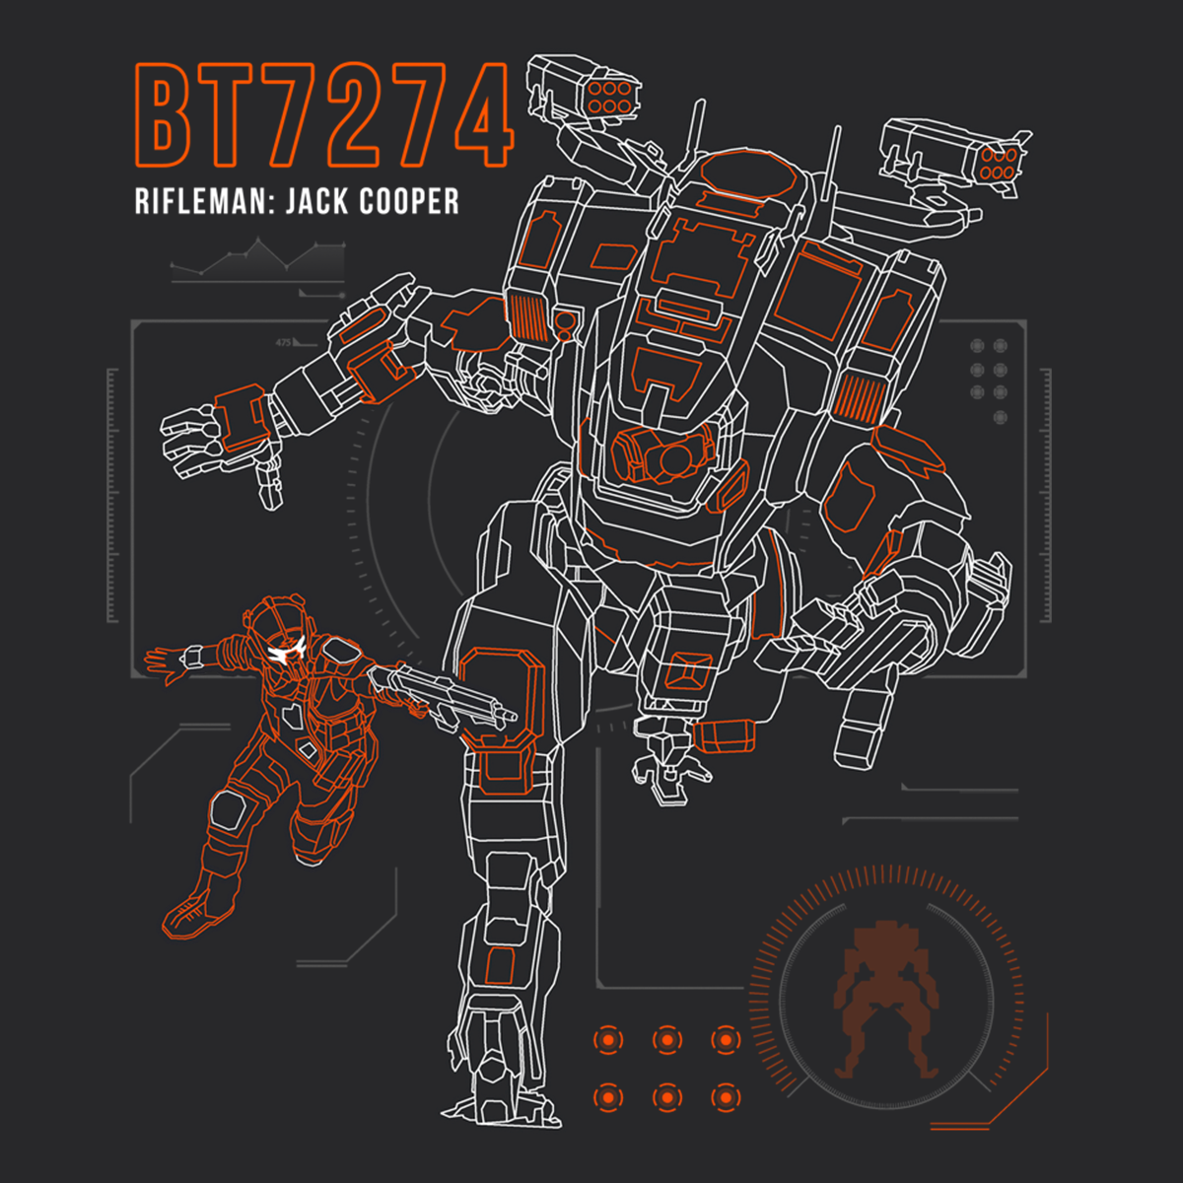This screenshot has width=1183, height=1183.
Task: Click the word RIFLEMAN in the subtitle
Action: click(203, 202)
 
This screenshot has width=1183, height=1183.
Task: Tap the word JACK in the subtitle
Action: click(316, 202)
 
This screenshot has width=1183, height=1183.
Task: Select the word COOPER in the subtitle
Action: click(408, 202)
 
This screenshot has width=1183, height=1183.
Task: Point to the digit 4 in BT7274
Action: click(479, 116)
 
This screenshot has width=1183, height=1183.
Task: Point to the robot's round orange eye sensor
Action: click(676, 456)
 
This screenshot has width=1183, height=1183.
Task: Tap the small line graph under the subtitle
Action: click(256, 258)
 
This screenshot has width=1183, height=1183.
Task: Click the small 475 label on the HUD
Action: click(284, 343)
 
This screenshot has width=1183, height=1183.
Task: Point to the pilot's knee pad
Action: click(229, 810)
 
